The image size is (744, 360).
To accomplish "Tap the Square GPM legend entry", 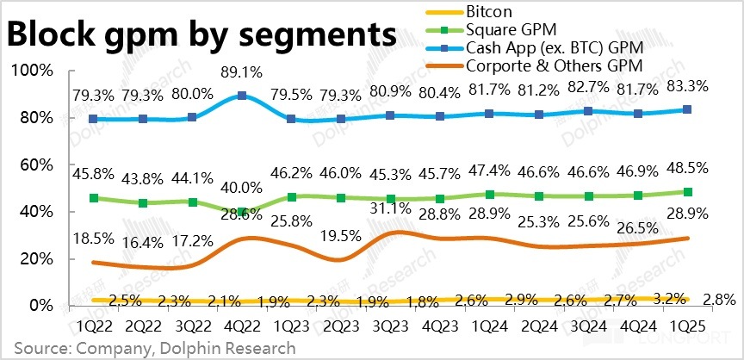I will click(x=508, y=30).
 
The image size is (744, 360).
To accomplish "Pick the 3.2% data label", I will click(x=668, y=299).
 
